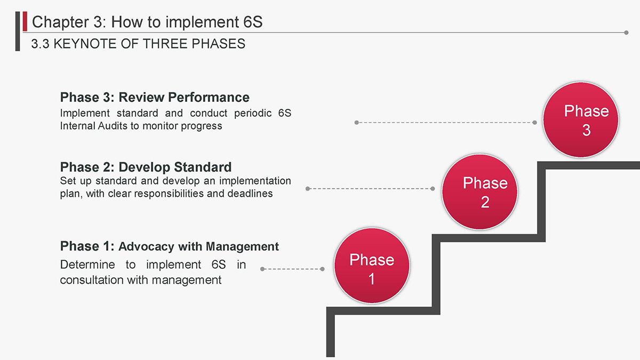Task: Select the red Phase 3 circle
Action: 580,120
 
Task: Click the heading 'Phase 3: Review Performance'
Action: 155,98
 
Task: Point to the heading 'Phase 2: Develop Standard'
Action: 146,167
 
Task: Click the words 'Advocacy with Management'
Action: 198,246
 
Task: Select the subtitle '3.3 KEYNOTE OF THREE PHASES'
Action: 138,44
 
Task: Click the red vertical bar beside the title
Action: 25,21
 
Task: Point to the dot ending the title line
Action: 626,33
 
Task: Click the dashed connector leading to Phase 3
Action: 445,123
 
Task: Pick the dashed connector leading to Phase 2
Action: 370,188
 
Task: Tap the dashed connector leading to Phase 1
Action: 293,269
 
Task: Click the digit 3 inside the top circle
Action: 586,131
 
